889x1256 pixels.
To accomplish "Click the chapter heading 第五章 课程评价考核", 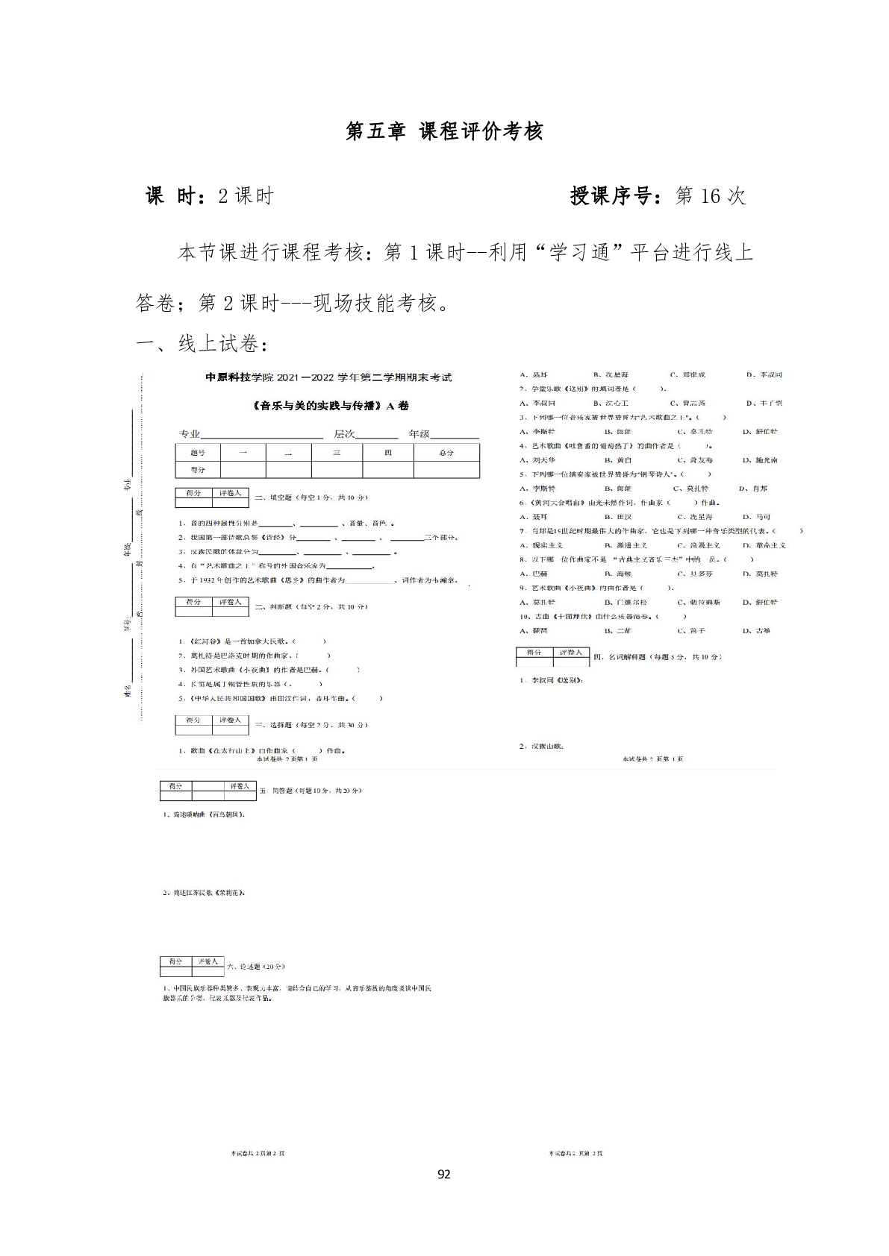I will pos(444,131).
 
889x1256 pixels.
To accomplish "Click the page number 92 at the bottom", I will pos(443,1175).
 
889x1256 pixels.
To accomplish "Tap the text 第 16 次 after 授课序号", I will pos(710,196).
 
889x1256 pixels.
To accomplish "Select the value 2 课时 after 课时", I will pos(246,196).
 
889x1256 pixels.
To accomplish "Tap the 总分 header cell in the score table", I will pos(446,453).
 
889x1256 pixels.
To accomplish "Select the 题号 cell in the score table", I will pos(197,453).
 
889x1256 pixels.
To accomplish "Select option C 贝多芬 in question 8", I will pos(695,574).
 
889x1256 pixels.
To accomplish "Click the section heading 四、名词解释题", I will pos(657,657).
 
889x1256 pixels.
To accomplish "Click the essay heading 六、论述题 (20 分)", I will pos(256,967).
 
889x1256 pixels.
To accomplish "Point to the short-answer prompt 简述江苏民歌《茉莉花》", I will pos(204,893).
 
